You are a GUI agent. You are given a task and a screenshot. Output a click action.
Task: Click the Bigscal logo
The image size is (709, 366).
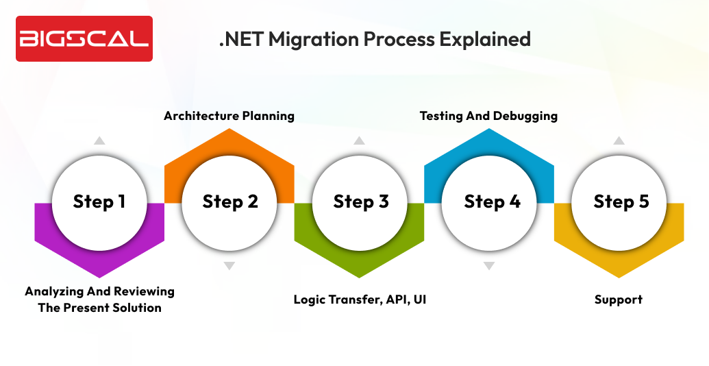[x=84, y=38]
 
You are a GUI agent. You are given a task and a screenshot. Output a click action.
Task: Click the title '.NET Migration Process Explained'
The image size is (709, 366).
[x=375, y=39]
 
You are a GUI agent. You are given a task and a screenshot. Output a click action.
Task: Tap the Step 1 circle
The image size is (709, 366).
[x=99, y=202]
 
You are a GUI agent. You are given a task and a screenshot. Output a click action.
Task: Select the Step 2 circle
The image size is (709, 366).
[x=229, y=202]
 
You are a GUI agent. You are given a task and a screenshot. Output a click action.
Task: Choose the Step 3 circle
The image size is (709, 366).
[x=360, y=202]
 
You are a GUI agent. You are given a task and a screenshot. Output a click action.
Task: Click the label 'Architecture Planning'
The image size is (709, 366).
[x=229, y=116]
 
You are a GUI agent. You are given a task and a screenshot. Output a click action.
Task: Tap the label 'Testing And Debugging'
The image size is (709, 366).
[x=488, y=116]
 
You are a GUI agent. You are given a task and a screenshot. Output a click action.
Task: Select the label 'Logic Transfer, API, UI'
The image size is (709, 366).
[x=360, y=300]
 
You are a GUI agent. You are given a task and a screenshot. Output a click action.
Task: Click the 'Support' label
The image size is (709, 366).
[x=619, y=300]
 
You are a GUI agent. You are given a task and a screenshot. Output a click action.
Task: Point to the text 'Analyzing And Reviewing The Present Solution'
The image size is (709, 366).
[x=99, y=300]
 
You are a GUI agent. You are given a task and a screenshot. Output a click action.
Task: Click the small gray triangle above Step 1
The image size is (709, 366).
[x=99, y=141]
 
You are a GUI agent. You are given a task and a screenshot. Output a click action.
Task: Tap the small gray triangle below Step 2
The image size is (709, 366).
[x=229, y=265]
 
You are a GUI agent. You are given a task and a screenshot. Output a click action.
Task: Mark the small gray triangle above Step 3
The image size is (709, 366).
[x=359, y=141]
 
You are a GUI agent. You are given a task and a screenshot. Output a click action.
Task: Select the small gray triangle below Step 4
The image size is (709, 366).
[x=488, y=265]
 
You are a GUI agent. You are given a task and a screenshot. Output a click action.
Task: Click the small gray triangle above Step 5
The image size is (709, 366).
[x=619, y=141]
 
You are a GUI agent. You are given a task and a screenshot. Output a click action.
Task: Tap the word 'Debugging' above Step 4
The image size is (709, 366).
[x=523, y=116]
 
